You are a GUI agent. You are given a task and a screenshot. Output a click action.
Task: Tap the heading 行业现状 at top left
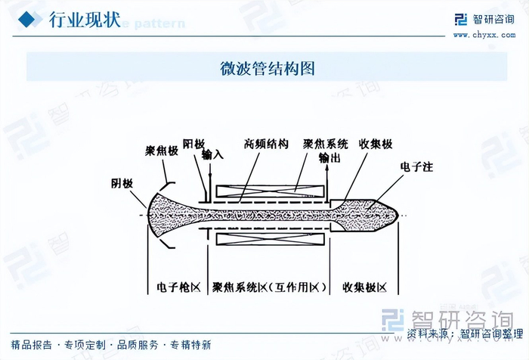[84, 20]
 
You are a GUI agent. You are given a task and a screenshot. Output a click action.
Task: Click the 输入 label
[213, 154]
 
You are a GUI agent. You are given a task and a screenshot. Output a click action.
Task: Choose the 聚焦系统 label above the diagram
[326, 143]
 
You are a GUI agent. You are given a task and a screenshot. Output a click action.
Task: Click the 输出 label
[329, 158]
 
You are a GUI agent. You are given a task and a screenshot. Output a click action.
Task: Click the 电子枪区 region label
[177, 288]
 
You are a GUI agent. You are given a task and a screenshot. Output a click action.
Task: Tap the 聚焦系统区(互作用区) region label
[270, 288]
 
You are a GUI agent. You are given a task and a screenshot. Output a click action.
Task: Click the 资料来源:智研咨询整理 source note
[464, 333]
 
